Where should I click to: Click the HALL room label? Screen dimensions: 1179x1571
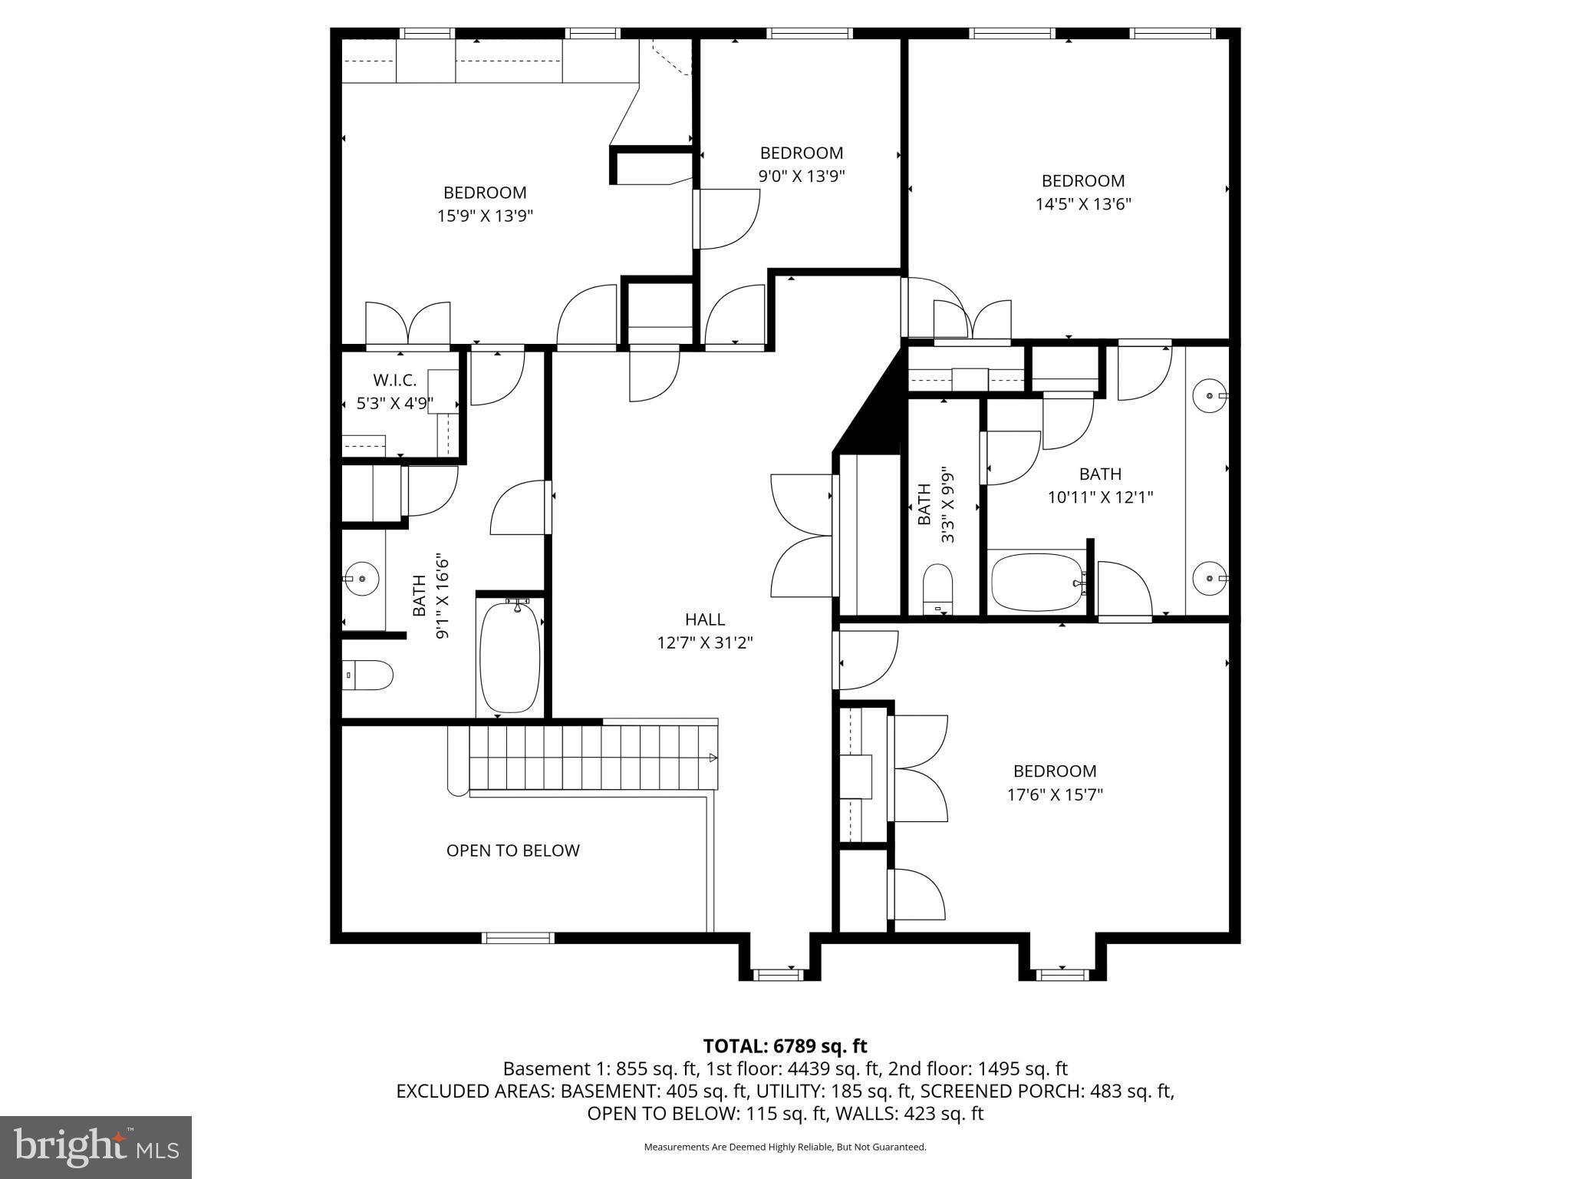click(704, 619)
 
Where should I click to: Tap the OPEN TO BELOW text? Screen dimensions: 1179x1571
click(512, 850)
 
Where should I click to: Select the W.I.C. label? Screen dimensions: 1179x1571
click(394, 380)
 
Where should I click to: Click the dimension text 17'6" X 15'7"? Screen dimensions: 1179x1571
click(1055, 794)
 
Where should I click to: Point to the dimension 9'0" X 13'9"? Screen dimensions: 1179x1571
click(802, 177)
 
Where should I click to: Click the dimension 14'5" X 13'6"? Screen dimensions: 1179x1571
click(1082, 204)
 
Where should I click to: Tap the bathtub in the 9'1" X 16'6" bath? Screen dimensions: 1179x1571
click(509, 657)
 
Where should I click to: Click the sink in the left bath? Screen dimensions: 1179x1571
click(361, 576)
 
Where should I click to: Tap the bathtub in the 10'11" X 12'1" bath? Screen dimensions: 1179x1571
click(1036, 582)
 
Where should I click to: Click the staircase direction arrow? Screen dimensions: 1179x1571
click(713, 758)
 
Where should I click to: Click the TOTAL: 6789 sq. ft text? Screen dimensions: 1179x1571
click(785, 1046)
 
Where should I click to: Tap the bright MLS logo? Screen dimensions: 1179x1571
click(96, 1147)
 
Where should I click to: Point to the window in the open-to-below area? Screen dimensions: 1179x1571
click(518, 937)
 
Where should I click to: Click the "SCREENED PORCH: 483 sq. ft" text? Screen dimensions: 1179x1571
click(1047, 1091)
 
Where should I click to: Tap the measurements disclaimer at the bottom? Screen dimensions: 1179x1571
click(785, 1148)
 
